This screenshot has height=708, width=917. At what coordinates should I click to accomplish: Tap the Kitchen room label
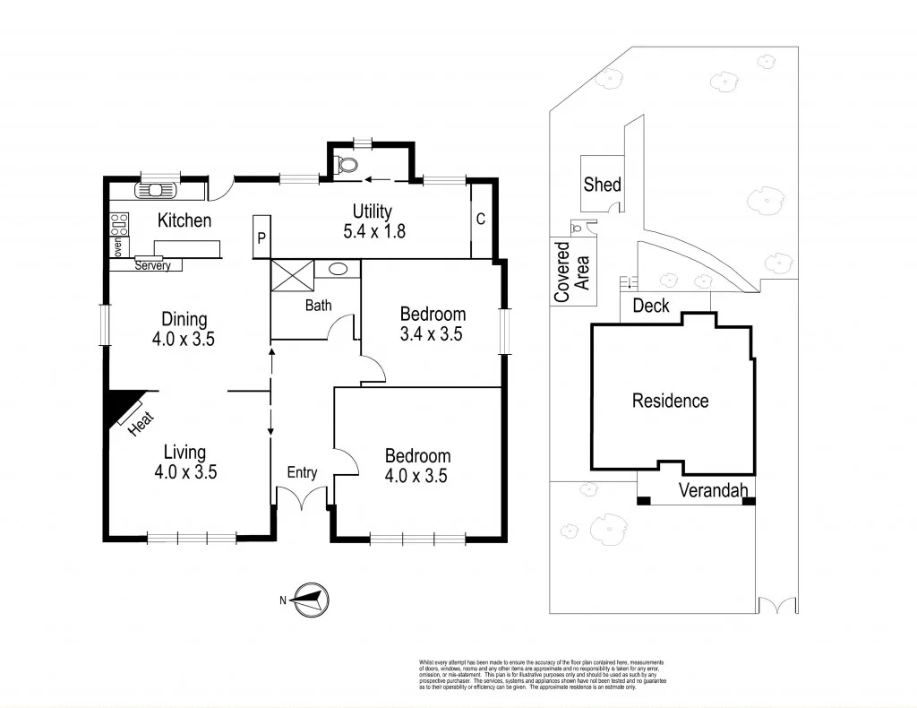pos(184,220)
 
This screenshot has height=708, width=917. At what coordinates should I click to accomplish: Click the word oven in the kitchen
pos(116,246)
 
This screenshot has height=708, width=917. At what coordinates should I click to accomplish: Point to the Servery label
pos(152,265)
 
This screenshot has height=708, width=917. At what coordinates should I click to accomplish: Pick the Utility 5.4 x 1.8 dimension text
pos(374,230)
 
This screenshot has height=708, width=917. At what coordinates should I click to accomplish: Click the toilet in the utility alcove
pos(346,164)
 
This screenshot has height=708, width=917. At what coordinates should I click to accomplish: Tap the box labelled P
pos(261,237)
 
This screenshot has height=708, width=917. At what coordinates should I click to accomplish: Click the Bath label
pos(318,306)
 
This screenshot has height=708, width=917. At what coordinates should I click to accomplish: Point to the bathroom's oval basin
pos(339,268)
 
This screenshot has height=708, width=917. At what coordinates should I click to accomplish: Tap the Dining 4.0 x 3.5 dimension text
pos(184,330)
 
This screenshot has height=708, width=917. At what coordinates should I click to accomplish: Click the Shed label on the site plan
pos(602,185)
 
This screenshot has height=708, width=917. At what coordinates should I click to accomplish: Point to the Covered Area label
pos(570,272)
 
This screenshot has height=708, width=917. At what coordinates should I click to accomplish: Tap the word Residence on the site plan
pos(670,401)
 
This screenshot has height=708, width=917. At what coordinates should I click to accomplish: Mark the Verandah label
pos(713,490)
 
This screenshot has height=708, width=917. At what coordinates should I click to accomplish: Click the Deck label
pos(651,306)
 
